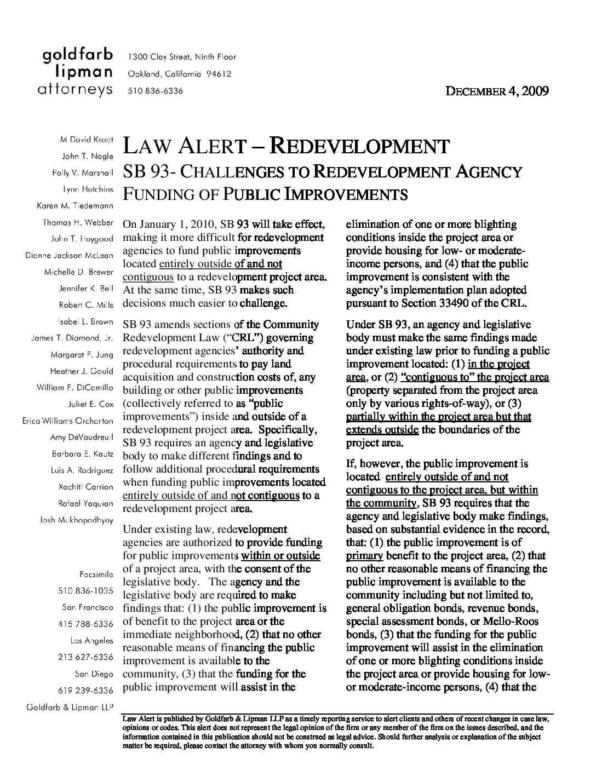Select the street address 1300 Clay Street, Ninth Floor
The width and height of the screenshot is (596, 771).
tap(181, 57)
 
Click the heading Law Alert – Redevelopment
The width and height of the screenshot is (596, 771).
tap(286, 146)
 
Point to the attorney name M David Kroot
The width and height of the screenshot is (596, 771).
tap(86, 140)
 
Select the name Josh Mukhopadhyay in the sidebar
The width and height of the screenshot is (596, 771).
tap(77, 520)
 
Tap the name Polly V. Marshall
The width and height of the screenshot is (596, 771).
tap(83, 173)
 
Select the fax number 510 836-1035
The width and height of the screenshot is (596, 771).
tap(85, 591)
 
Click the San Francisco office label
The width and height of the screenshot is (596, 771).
tap(88, 607)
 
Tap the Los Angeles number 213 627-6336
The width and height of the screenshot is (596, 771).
tap(85, 657)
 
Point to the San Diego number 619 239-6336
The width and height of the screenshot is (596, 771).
tap(85, 690)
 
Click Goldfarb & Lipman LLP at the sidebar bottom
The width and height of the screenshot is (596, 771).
tap(70, 706)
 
